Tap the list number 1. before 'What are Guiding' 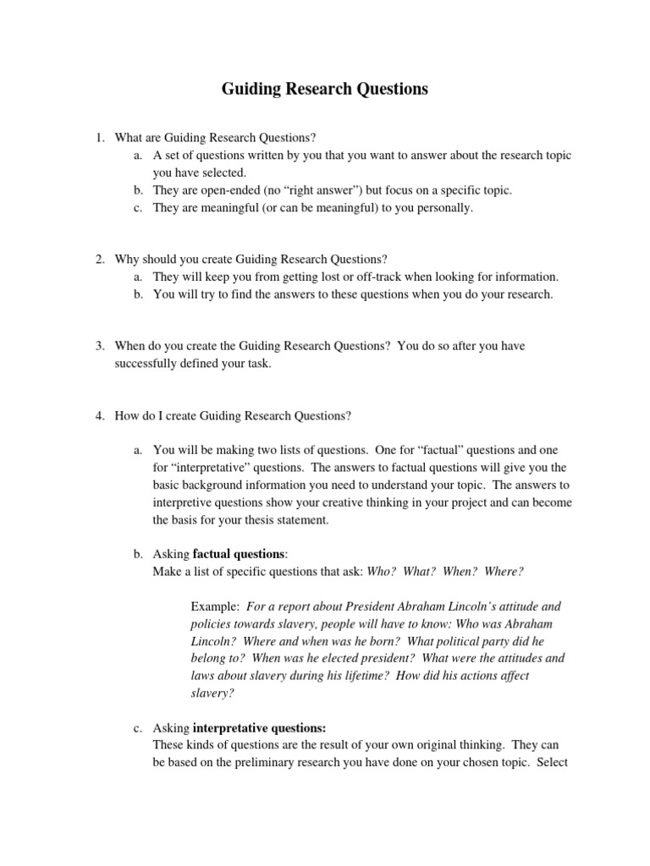point(99,138)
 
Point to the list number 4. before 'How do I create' point(99,415)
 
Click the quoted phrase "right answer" point(335,190)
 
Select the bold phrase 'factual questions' point(240,554)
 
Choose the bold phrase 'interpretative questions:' point(259,727)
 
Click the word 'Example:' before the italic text point(215,606)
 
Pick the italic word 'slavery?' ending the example point(211,693)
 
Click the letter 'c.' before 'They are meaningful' point(138,208)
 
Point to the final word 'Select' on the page point(554,762)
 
